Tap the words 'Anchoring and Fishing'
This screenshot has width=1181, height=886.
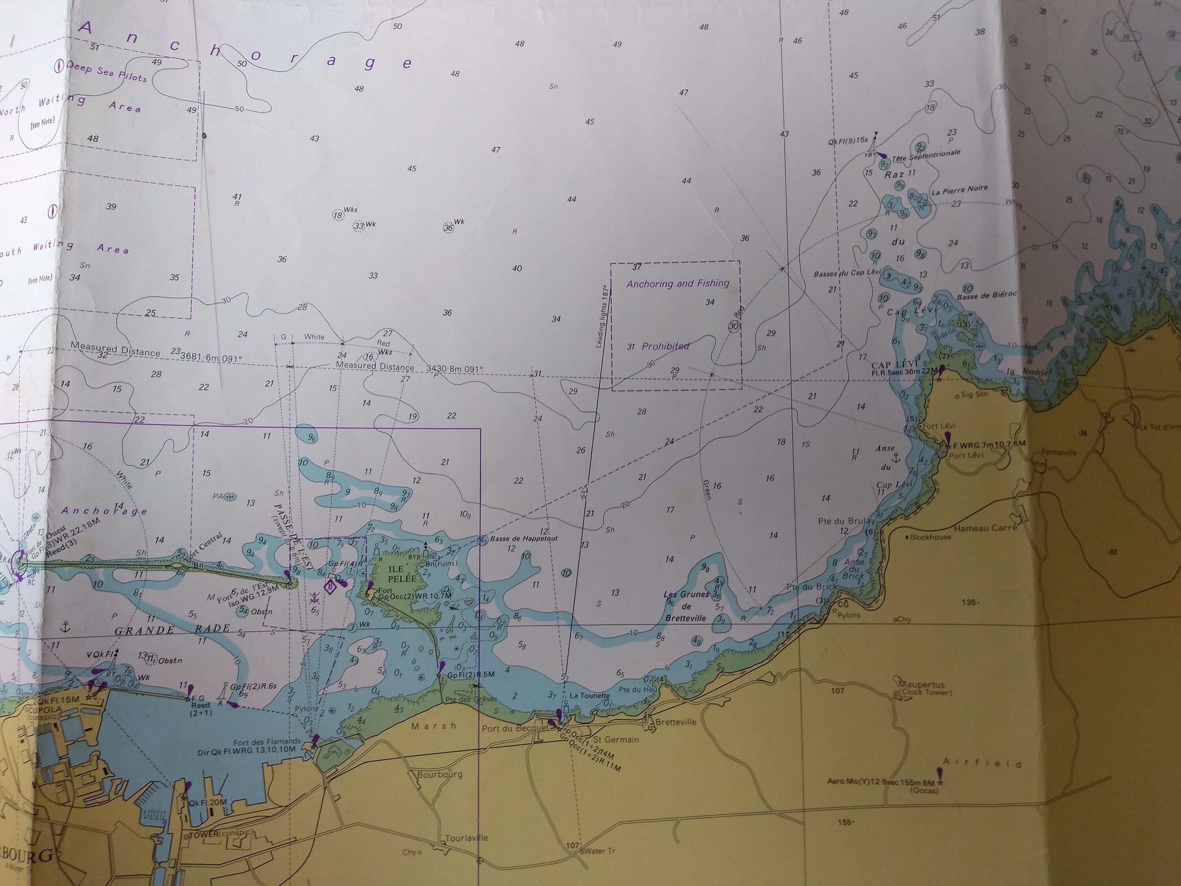coord(678,284)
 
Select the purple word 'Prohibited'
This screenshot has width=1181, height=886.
coord(665,346)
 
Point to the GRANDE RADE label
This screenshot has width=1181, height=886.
coord(172,629)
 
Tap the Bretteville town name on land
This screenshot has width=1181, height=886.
coord(676,722)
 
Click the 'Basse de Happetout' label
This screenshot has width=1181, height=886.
coord(523,538)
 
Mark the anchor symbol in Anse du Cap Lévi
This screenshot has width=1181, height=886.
coord(896,458)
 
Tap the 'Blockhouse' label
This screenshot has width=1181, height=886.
coord(930,537)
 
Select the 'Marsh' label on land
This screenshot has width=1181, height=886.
coord(433,726)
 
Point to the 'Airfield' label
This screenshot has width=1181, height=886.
coord(982,763)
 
